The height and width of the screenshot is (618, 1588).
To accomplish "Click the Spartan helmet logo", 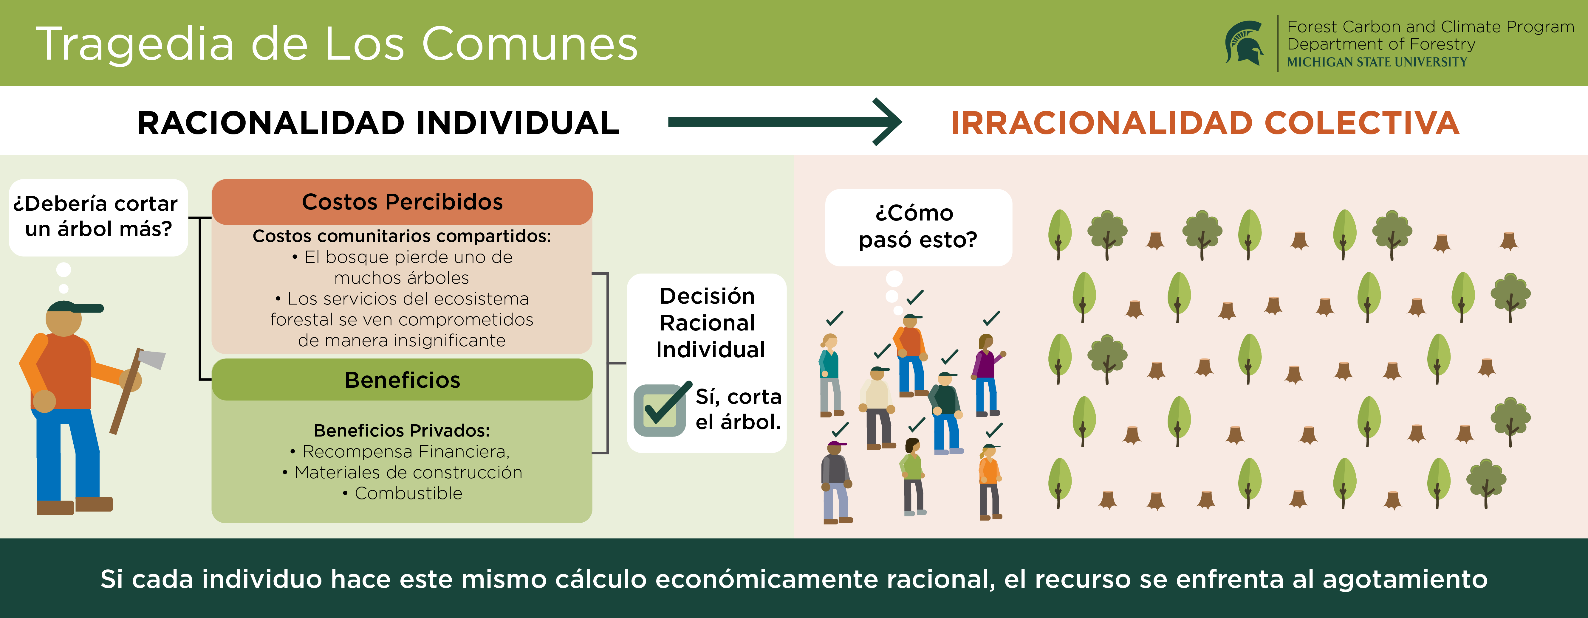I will pos(1244,43).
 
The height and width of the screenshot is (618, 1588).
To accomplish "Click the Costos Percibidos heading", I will pos(402,202).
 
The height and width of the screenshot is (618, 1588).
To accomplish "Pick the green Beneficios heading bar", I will pos(402,380).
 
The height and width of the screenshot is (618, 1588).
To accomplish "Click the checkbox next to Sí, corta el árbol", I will pos(660,410).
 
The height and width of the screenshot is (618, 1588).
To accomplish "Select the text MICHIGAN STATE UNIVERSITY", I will pos(1377,62).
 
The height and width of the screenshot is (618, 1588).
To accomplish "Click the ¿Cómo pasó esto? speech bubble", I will pos(918,227).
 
